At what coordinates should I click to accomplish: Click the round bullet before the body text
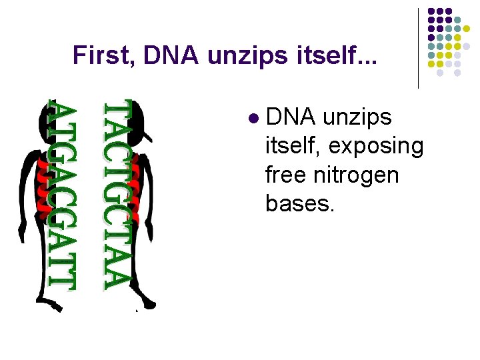point(252,119)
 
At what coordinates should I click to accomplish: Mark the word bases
point(299,203)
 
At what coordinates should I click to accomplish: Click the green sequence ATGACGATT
point(61,196)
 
